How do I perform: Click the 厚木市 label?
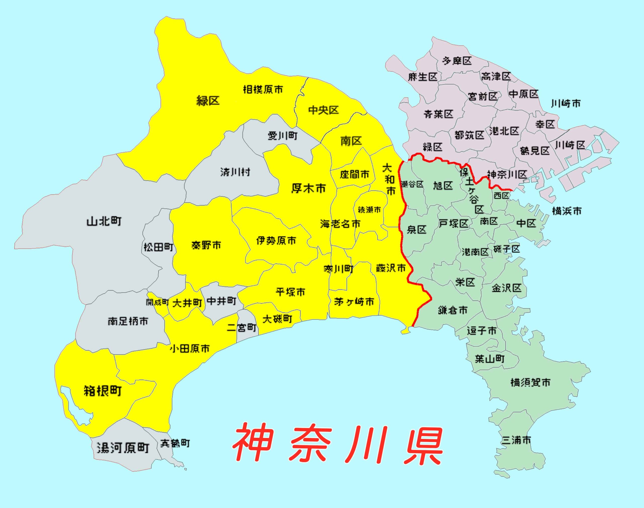coord(308,188)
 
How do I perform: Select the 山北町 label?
coord(104,221)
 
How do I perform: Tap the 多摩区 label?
coord(457,61)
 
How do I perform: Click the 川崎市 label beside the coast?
coord(566,103)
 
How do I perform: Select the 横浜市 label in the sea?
coord(567,211)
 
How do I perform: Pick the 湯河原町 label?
coord(123,448)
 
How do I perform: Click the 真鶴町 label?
coord(175,444)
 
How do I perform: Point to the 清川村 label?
coord(235,172)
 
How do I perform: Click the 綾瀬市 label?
coord(369,210)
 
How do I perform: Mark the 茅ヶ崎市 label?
coord(354,302)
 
